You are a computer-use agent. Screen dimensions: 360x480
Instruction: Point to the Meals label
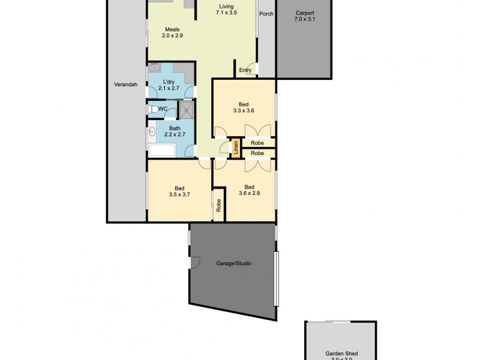click(x=172, y=29)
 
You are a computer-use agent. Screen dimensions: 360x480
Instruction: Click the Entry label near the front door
click(x=245, y=70)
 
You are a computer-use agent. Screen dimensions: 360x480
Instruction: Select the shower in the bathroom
click(x=186, y=109)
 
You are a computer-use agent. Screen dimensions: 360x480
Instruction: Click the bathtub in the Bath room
click(x=161, y=151)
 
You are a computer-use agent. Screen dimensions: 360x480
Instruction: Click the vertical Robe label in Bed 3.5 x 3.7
click(x=218, y=205)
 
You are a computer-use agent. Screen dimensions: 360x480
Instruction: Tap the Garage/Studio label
click(x=233, y=263)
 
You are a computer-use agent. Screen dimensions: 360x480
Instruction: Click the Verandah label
click(x=125, y=85)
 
